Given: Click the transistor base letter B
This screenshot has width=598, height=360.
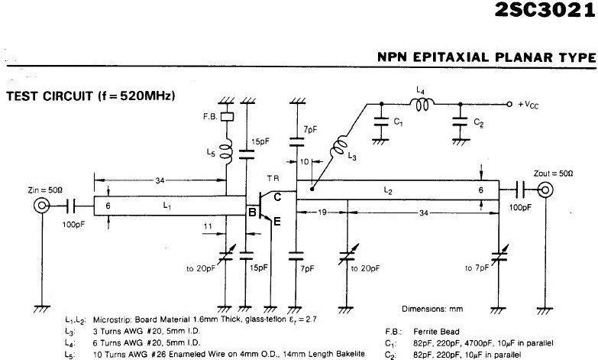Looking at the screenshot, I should [251, 215].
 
